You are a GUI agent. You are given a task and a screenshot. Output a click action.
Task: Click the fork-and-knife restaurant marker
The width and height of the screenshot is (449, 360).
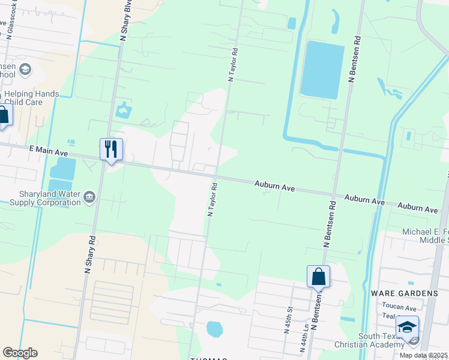(x=111, y=149)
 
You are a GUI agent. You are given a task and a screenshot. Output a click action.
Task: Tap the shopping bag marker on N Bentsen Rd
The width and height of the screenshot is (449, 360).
(x=318, y=277)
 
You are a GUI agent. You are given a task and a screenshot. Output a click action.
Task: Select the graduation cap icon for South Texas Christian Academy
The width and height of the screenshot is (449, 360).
(x=407, y=327)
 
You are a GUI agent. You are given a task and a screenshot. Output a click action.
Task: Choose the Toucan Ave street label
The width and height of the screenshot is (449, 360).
(x=399, y=307)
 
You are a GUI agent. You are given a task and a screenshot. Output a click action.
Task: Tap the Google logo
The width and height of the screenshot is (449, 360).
(x=20, y=353)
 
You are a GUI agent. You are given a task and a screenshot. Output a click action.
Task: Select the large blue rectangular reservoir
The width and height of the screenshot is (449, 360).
(x=322, y=70)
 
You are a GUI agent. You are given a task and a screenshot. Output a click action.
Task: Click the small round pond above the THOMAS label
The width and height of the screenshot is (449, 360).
(x=214, y=329)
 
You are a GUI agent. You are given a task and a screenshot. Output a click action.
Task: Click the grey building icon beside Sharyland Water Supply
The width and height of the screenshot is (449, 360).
(x=89, y=197)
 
